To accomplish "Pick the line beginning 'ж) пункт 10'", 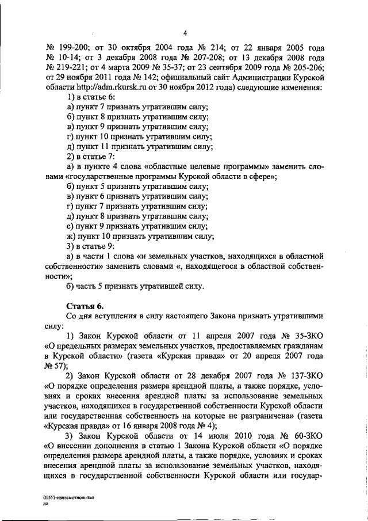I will pos(140,237).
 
